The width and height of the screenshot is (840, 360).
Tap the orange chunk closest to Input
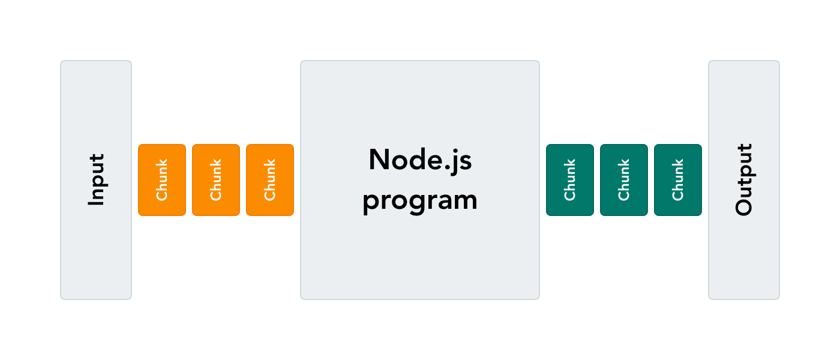tap(162, 180)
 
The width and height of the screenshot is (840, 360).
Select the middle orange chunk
tap(216, 180)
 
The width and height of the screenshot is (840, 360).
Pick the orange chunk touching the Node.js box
tap(270, 180)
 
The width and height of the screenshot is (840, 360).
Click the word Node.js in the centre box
tap(420, 160)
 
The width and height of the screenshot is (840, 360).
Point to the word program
tap(420, 200)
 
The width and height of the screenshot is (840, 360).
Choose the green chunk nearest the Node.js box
tap(570, 180)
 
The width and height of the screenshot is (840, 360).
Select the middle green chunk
tap(624, 180)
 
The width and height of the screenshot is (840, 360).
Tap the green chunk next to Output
tap(678, 180)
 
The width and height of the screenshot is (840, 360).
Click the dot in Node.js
tap(443, 169)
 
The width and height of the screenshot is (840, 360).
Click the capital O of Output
tap(744, 206)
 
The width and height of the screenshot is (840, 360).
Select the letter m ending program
tap(464, 200)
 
